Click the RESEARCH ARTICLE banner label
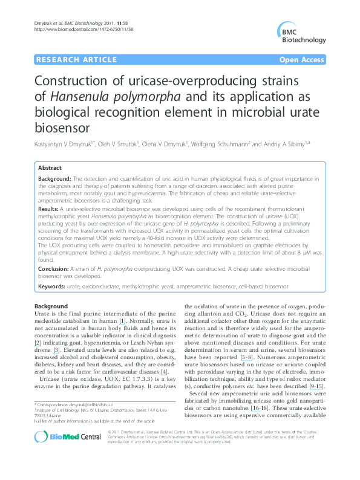click(77, 59)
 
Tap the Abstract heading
click(50, 167)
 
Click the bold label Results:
click(51, 207)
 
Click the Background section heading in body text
click(51, 306)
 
